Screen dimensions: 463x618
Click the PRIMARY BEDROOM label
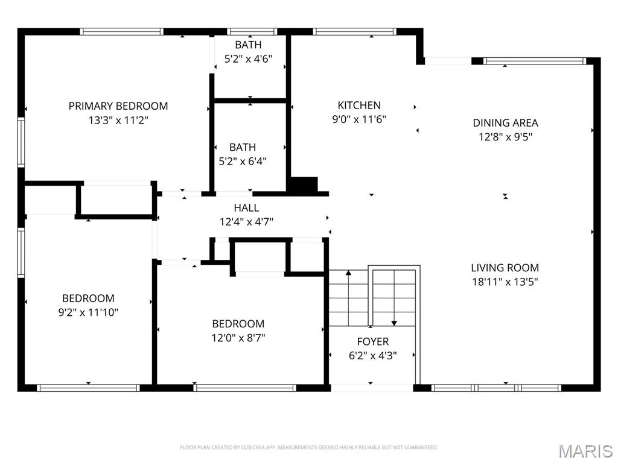point(118,106)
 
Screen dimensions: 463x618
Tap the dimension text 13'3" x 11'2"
point(118,120)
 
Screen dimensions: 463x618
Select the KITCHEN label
point(359,106)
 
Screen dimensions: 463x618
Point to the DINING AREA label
point(505,123)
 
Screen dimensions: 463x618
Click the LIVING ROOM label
point(505,268)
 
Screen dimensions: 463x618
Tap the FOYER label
point(372,342)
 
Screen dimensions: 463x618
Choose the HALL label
point(246,208)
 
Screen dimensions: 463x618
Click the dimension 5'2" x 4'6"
point(249,59)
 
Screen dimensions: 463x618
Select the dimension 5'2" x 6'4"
point(243,162)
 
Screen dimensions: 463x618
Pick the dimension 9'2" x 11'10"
point(88,312)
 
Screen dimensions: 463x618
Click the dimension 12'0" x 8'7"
point(238,338)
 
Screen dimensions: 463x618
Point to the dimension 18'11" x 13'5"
point(505,282)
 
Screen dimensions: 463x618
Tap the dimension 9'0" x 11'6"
point(359,119)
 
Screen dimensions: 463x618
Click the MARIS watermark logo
point(585,450)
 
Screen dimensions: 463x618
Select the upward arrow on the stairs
point(348,275)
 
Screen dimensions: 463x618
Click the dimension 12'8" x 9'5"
point(505,137)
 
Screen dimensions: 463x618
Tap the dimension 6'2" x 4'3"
point(372,356)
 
